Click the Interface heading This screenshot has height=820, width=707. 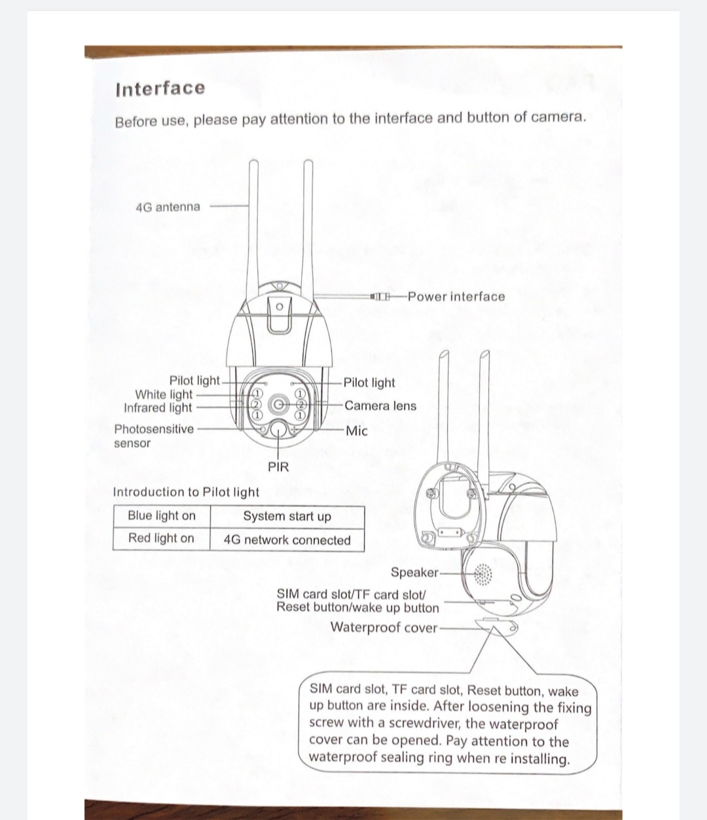click(160, 88)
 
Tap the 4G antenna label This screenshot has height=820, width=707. click(168, 207)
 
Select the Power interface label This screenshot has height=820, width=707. click(456, 296)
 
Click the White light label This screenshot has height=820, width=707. click(164, 394)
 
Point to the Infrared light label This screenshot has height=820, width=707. click(158, 407)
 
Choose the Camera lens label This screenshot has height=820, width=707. click(380, 405)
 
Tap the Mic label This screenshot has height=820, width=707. click(357, 431)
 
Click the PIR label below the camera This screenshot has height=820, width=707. click(278, 467)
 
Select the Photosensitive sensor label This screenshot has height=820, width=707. click(153, 436)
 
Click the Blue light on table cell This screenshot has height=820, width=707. click(162, 515)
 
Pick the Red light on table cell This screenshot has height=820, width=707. click(161, 538)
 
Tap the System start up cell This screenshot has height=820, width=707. click(287, 516)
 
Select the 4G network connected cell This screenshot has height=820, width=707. click(287, 540)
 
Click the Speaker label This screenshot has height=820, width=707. click(414, 572)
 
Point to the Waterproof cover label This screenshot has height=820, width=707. click(384, 627)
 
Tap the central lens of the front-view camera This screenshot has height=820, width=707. click(280, 403)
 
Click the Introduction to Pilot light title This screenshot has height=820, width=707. click(186, 492)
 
